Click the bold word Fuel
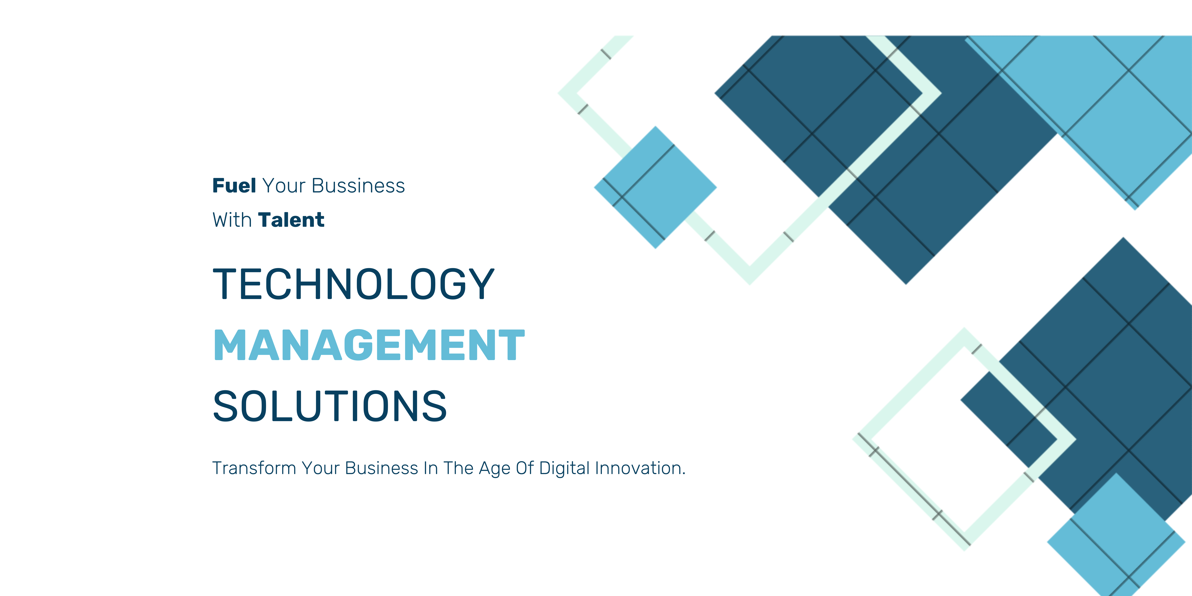234,186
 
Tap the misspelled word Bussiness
358,186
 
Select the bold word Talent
291,220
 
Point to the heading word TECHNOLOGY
354,284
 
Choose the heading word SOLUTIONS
330,406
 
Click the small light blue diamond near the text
655,187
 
